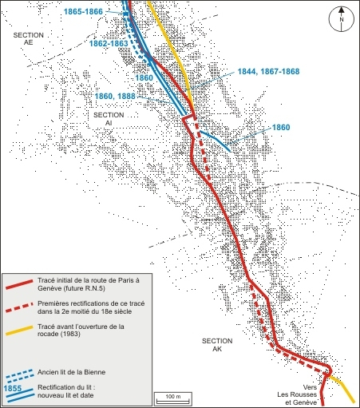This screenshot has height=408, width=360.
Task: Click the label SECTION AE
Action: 28,41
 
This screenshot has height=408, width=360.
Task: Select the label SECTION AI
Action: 109,119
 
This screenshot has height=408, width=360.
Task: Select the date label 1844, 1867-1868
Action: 268,71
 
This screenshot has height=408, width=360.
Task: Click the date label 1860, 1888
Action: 116,96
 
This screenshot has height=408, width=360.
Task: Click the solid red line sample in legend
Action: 18,285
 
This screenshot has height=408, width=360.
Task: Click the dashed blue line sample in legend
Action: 18,373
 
